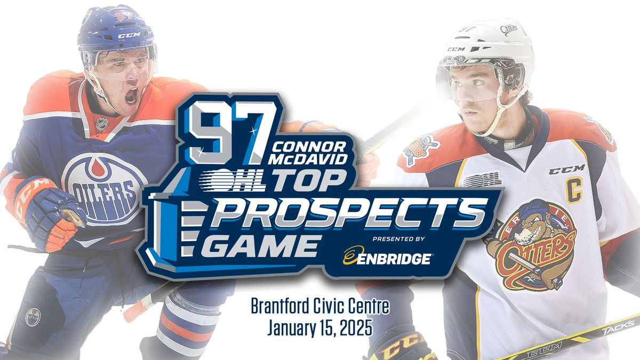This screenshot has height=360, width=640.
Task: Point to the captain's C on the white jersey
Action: point(574,190)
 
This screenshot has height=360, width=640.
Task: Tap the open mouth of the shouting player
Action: point(131,94)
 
